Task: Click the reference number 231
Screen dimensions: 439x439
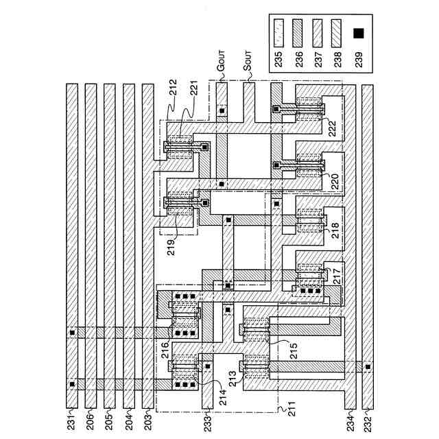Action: click(x=71, y=416)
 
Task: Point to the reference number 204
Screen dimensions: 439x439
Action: click(x=128, y=416)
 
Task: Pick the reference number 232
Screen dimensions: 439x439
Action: click(x=367, y=417)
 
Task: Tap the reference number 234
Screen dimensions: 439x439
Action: click(x=350, y=417)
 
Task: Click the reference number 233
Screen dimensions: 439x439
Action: click(x=206, y=416)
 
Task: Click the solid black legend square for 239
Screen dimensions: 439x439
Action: click(x=357, y=33)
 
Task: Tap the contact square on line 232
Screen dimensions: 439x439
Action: click(x=367, y=366)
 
